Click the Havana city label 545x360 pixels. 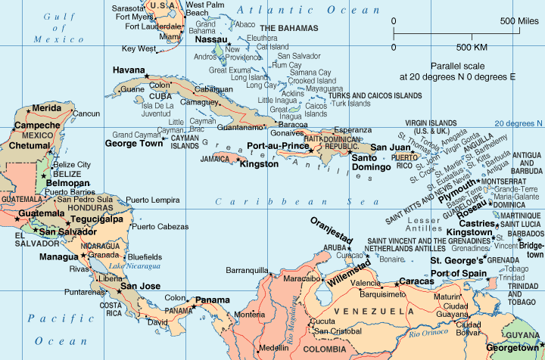(129, 70)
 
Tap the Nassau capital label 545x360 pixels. (211, 39)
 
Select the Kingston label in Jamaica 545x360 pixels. (260, 163)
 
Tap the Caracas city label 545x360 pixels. (416, 281)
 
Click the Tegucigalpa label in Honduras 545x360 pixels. (96, 219)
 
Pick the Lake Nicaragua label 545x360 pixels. (135, 266)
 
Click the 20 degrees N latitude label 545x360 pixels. (519, 123)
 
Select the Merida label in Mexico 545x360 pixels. (46, 108)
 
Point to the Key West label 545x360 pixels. (139, 48)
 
